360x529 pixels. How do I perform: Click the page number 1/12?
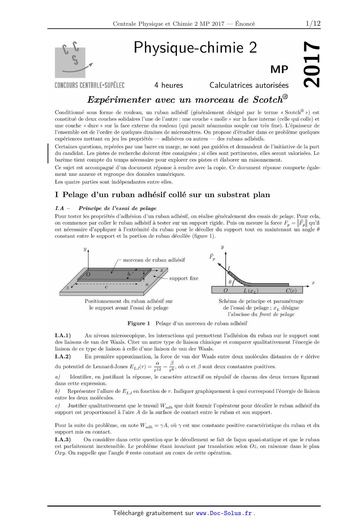pos(313,23)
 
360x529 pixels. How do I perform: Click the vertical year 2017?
pos(312,65)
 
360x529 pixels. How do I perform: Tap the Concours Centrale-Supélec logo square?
pos(70,62)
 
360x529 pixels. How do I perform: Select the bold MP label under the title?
pos(279,69)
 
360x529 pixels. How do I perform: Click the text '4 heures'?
pos(168,85)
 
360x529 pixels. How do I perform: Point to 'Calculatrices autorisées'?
pos(249,85)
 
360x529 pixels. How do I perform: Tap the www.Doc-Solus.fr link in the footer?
pos(224,513)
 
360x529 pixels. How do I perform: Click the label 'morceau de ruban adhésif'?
pos(154,260)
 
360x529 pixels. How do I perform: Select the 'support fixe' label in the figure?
pos(183,278)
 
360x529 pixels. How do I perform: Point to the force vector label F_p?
pos(212,257)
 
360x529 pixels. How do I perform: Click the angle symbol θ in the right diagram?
pos(230,282)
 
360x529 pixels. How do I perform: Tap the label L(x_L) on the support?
pos(251,291)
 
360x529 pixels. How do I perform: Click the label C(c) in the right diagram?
pos(294,291)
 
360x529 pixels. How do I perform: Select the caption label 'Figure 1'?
pos(139,323)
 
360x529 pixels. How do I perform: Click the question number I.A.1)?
pos(63,336)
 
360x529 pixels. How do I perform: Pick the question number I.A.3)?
pos(63,439)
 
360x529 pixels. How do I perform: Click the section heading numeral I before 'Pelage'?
pos(57,195)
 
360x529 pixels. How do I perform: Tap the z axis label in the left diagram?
pos(68,288)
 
